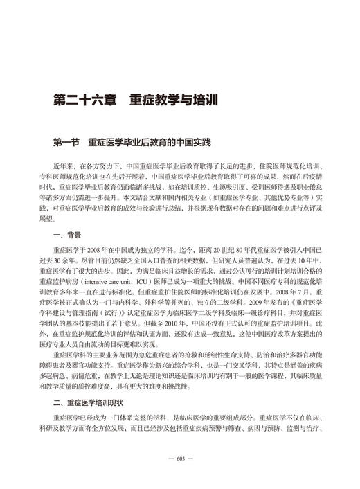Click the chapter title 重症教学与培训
pyautogui.click(x=173, y=101)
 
